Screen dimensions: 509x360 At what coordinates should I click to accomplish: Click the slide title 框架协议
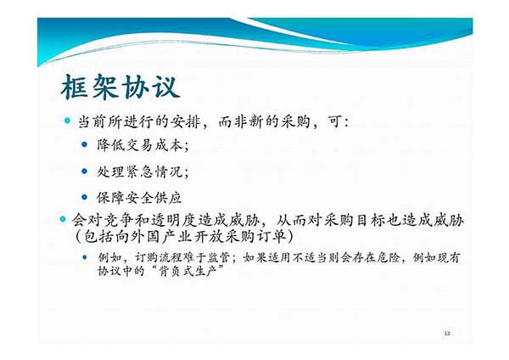120,87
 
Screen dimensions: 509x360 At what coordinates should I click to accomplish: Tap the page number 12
447,333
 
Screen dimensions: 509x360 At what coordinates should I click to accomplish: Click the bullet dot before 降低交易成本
85,144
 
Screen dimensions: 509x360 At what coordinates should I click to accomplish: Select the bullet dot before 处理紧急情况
85,171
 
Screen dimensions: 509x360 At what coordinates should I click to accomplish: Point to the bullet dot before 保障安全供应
85,197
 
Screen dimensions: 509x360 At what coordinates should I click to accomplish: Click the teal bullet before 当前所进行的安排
68,121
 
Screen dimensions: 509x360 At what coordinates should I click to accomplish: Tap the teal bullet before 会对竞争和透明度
63,219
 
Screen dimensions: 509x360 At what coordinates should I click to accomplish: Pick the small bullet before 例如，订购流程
85,257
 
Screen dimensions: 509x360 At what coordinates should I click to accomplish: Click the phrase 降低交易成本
140,145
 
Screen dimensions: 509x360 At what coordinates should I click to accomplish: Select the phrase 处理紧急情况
140,172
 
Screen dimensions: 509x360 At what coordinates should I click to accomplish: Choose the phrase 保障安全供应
139,198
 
